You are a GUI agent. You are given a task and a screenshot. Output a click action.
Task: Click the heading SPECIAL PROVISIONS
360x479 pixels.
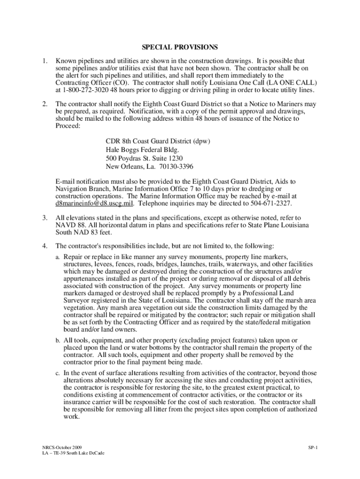(180, 47)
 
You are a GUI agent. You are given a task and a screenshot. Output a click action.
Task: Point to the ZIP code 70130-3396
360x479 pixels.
(173, 167)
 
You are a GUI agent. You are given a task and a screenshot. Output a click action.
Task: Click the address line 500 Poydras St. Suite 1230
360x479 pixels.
(144, 158)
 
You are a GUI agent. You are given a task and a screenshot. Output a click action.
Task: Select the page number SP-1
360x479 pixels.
(313, 448)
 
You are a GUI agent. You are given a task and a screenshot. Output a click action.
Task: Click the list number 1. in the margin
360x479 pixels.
(43, 61)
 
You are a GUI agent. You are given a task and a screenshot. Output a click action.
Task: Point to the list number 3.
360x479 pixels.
(43, 218)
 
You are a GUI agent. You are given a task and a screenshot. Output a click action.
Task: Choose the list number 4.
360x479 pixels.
(43, 246)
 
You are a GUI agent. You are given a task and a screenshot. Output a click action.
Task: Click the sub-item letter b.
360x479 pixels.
(58, 341)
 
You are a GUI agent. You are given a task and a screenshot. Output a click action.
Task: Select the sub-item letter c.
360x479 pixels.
(58, 373)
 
